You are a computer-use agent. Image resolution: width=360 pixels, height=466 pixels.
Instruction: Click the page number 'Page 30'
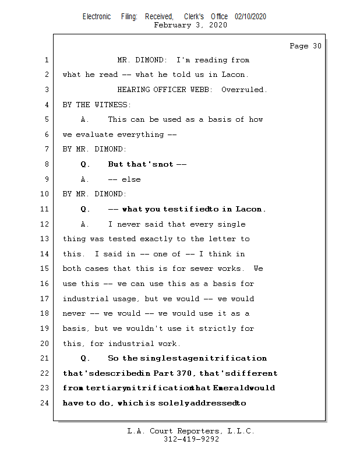pyautogui.click(x=305, y=46)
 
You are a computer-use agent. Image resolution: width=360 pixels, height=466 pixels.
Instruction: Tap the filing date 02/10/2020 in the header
pyautogui.click(x=250, y=17)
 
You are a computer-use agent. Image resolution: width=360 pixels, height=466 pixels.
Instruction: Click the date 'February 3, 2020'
pyautogui.click(x=190, y=25)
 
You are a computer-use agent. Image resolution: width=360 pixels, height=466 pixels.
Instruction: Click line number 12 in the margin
pyautogui.click(x=45, y=224)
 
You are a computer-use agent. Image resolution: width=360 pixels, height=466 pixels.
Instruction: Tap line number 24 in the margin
pyautogui.click(x=45, y=403)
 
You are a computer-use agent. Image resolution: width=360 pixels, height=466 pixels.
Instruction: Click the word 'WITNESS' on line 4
pyautogui.click(x=112, y=105)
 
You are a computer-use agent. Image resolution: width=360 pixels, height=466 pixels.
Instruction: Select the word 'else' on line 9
pyautogui.click(x=131, y=179)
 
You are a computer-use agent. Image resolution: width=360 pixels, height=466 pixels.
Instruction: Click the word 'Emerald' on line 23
pyautogui.click(x=231, y=388)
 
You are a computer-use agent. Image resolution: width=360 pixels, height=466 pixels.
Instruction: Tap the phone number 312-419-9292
pyautogui.click(x=191, y=439)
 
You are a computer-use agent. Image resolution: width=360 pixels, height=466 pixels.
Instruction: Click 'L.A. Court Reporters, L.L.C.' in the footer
pyautogui.click(x=190, y=431)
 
